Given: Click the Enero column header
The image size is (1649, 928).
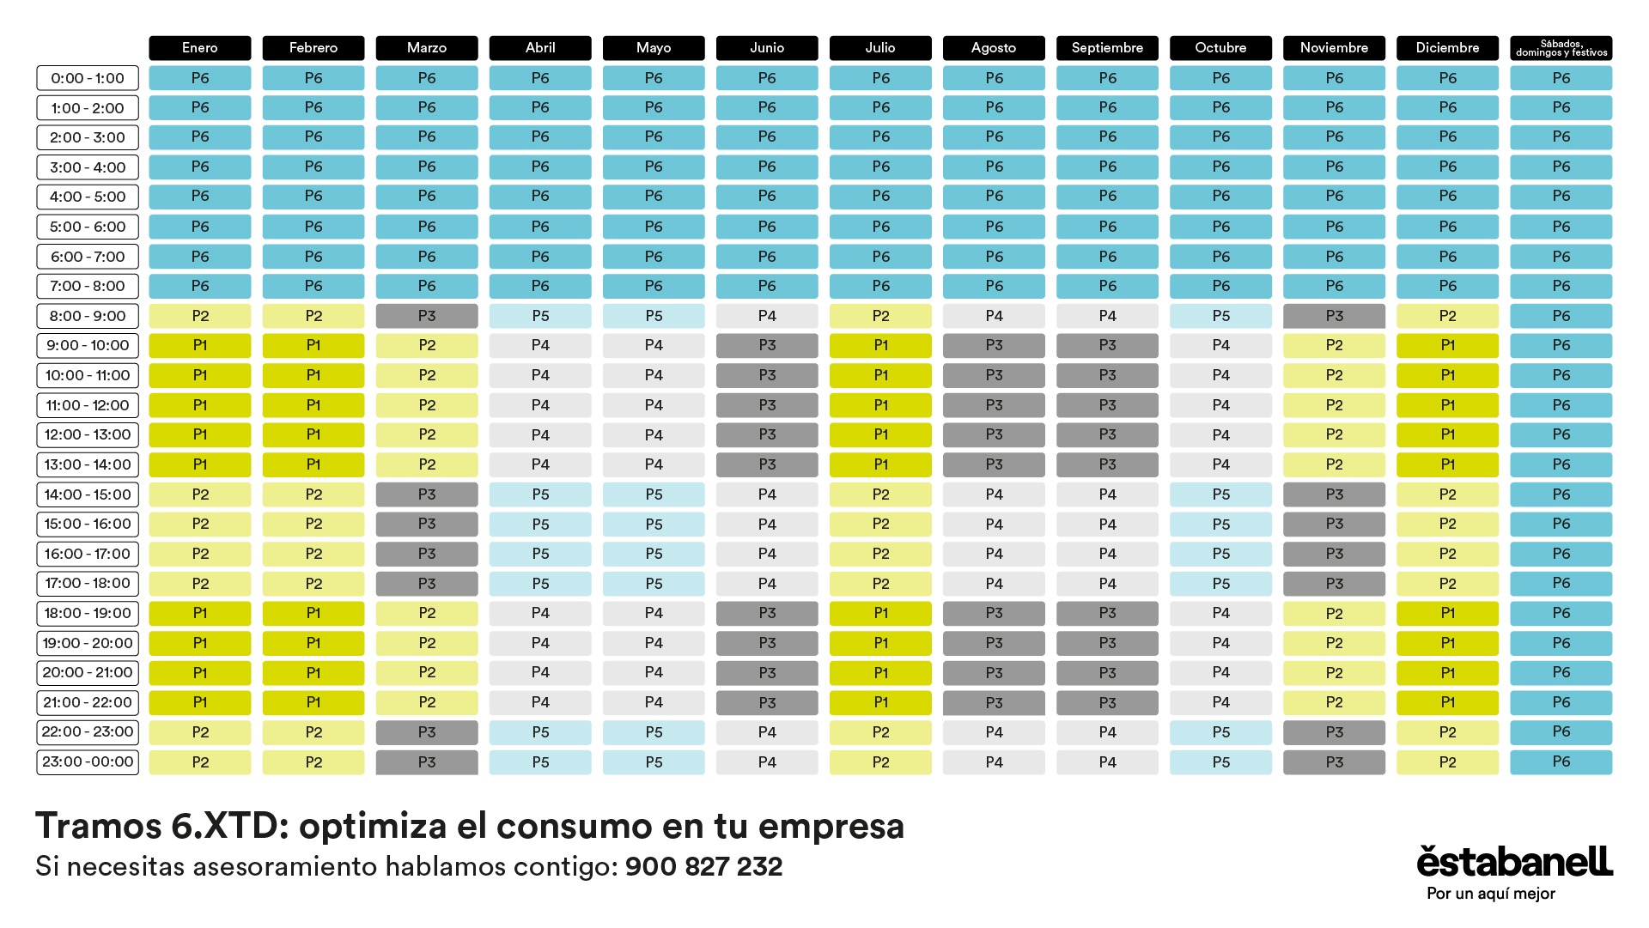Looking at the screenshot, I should pyautogui.click(x=200, y=48).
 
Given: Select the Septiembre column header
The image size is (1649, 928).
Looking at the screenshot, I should pyautogui.click(x=1107, y=48).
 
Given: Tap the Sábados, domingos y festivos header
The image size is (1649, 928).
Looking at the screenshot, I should pyautogui.click(x=1561, y=48).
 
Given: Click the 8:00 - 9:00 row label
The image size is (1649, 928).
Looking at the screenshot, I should pyautogui.click(x=88, y=316).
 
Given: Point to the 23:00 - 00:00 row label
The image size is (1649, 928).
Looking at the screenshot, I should pyautogui.click(x=88, y=761).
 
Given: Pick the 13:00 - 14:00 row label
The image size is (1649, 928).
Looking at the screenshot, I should pyautogui.click(x=88, y=464).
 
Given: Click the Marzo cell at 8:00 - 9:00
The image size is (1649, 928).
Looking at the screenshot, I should pyautogui.click(x=427, y=316).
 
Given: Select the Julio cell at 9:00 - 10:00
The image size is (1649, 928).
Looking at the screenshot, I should pyautogui.click(x=880, y=345).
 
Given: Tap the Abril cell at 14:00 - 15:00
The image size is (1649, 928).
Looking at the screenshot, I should pyautogui.click(x=540, y=494).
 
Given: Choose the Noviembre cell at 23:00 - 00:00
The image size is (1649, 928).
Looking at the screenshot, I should pyautogui.click(x=1334, y=761).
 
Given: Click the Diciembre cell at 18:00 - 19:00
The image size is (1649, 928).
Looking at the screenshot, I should pyautogui.click(x=1447, y=613).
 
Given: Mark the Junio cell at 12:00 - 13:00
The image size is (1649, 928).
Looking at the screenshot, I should pyautogui.click(x=767, y=434).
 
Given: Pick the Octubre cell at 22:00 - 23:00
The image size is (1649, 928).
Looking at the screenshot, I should pyautogui.click(x=1220, y=732).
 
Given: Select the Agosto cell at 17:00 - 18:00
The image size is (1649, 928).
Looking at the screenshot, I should pyautogui.click(x=994, y=584).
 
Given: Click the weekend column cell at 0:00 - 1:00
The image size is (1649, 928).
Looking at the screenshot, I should pyautogui.click(x=1561, y=78).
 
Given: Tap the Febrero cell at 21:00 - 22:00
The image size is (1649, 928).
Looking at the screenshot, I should pyautogui.click(x=313, y=702).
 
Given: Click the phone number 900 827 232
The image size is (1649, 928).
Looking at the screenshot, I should pyautogui.click(x=703, y=867).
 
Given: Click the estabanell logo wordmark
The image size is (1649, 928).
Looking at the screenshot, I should pyautogui.click(x=1514, y=861).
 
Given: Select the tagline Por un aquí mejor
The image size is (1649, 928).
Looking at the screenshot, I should pyautogui.click(x=1491, y=894).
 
